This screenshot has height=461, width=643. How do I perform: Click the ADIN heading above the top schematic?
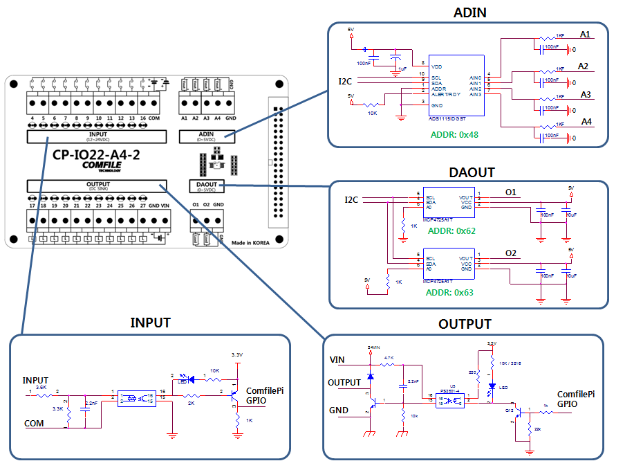pos(469,12)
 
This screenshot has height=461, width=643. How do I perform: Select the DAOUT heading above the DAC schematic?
pos(472,172)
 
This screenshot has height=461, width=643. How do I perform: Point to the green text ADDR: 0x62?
pos(451,230)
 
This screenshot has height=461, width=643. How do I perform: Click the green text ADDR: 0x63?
pos(451,292)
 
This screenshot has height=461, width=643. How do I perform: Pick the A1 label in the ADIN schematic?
pos(585,34)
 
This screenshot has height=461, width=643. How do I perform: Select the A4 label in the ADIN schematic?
pos(586,122)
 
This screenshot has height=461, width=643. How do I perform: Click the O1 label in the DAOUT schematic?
pos(512,192)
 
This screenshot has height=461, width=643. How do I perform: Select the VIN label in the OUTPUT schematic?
pos(337,360)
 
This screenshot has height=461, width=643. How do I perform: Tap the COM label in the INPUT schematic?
pos(34,424)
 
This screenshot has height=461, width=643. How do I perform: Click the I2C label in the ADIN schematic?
pos(345,82)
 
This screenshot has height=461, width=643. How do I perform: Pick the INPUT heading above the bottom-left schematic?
pos(150,323)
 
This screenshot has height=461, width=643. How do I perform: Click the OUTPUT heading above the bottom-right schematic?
pos(465,324)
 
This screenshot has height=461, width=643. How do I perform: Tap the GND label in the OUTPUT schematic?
pos(338,410)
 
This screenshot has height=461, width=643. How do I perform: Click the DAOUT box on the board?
pos(207,185)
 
